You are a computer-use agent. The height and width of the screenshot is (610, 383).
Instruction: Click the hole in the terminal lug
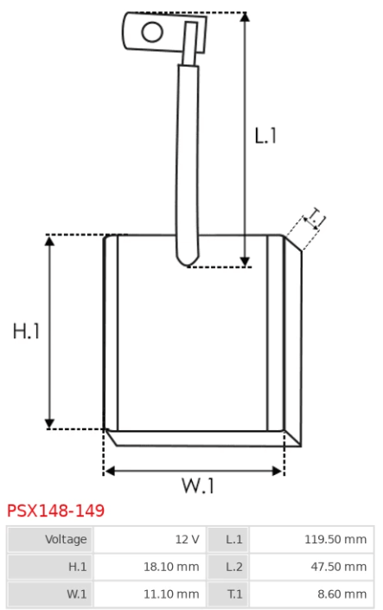click(x=152, y=32)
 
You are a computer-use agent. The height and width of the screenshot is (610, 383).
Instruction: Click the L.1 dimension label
click(x=265, y=136)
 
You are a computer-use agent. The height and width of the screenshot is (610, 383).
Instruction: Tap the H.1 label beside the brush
click(x=26, y=331)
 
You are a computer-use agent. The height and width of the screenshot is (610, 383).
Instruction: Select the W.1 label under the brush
click(x=198, y=485)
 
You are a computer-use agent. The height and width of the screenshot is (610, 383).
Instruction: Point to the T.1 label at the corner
click(x=316, y=218)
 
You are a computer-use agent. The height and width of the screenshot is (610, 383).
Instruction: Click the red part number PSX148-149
click(x=56, y=510)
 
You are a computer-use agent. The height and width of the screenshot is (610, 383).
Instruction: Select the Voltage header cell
click(x=50, y=539)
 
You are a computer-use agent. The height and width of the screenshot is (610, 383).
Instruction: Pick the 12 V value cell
click(x=150, y=539)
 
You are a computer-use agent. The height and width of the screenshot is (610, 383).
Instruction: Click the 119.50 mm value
click(x=335, y=539)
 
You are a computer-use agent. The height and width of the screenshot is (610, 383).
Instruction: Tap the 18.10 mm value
click(x=171, y=567)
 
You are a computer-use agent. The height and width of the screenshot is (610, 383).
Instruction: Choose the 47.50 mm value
click(x=339, y=567)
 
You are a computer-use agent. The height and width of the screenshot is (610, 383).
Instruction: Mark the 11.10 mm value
click(x=171, y=594)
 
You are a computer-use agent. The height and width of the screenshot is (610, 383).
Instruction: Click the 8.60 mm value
click(x=342, y=594)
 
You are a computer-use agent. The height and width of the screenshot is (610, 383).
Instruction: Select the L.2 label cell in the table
click(x=228, y=567)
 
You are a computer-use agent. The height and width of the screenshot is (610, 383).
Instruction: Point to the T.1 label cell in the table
click(x=228, y=594)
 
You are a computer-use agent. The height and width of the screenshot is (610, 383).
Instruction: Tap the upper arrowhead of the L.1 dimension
click(x=245, y=16)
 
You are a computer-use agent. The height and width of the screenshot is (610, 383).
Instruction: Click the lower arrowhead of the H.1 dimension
click(x=49, y=424)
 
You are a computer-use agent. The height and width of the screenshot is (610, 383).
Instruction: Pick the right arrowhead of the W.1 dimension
click(x=278, y=471)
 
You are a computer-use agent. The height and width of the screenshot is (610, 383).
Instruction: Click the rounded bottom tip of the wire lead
click(x=188, y=265)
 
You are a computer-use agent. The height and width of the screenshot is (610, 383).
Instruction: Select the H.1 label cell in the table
click(x=50, y=567)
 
